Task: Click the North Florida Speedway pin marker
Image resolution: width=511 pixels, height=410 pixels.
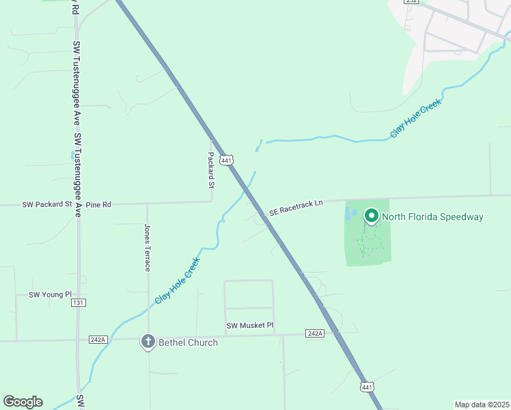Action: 372,217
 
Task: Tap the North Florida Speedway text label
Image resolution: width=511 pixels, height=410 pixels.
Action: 432,217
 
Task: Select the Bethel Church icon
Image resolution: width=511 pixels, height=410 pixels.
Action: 148,342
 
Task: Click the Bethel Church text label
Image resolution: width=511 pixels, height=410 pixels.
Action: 188,342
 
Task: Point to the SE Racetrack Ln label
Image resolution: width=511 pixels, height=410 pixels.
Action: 295,213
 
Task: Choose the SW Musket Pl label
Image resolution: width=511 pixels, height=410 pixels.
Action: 250,326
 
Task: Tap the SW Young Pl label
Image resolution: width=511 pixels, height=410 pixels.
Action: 50,295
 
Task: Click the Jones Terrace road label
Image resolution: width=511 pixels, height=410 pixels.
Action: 147,247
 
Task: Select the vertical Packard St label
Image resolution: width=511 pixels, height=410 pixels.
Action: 211,171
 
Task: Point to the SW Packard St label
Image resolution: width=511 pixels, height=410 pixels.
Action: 47,204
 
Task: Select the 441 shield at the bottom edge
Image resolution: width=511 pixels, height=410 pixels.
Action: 367,387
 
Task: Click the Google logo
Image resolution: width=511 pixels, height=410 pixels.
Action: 23,402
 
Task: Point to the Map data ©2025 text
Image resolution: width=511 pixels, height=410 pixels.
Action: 481,405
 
